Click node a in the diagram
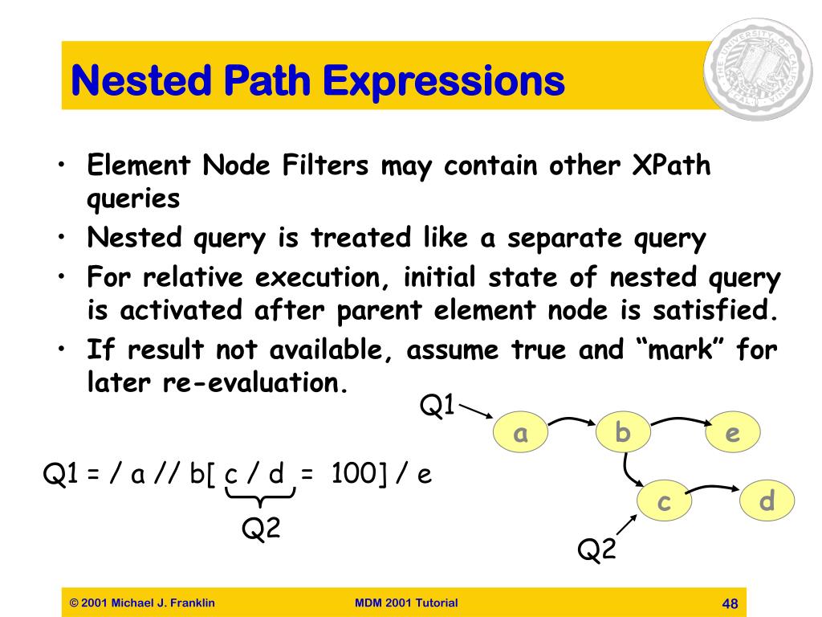point(520,432)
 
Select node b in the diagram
point(623,432)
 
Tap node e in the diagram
point(732,432)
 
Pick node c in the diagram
point(664,501)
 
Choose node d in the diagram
point(767,501)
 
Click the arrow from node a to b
point(572,419)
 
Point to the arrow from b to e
point(681,419)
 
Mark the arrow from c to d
point(714,488)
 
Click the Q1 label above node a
point(437,405)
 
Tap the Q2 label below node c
point(596,550)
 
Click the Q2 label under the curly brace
point(261,527)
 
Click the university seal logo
point(758,69)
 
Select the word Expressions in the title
point(443,81)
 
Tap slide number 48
point(730,603)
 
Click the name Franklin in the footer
point(192,603)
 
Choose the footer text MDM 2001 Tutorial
point(406,603)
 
